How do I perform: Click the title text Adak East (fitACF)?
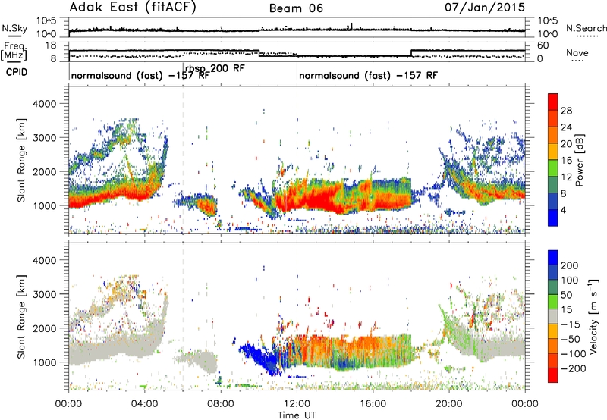click(x=133, y=7)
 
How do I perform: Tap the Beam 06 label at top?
click(x=296, y=8)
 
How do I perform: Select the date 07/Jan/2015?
click(x=485, y=7)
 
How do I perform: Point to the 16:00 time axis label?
click(x=373, y=404)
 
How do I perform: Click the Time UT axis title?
click(x=297, y=415)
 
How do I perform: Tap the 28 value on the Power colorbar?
click(x=566, y=111)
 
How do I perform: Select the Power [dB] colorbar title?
click(x=579, y=160)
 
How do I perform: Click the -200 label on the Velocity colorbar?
click(x=574, y=368)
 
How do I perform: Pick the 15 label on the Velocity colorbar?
click(x=566, y=310)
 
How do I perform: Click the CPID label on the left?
click(x=17, y=72)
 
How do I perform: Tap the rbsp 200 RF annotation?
click(x=215, y=68)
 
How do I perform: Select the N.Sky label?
click(x=14, y=28)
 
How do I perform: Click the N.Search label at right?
click(x=586, y=28)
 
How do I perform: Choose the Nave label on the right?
click(x=577, y=52)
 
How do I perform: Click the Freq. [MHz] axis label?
click(x=14, y=52)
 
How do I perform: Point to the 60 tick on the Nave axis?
click(x=543, y=45)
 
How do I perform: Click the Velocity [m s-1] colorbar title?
click(x=593, y=316)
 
